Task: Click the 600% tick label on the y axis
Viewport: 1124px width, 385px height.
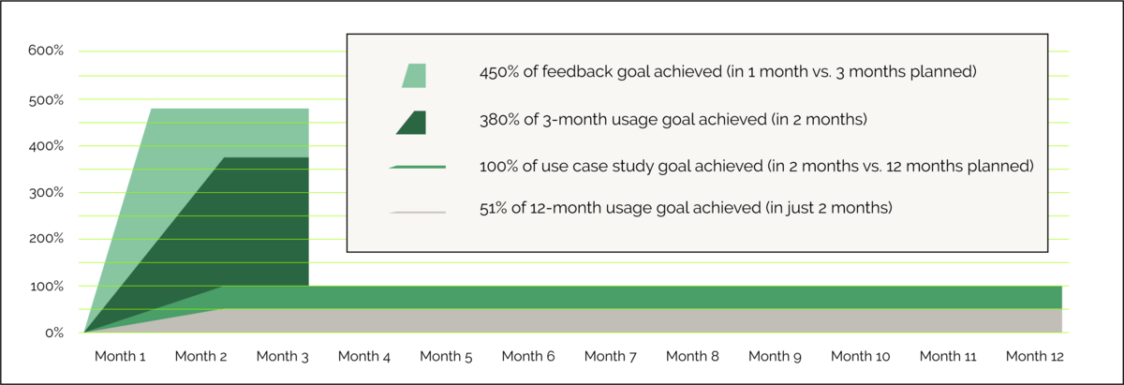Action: pyautogui.click(x=46, y=51)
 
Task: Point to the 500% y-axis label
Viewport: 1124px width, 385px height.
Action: pyautogui.click(x=46, y=100)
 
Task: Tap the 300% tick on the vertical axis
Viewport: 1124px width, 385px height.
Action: pyautogui.click(x=46, y=192)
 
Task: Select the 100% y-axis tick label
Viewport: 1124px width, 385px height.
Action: pyautogui.click(x=46, y=286)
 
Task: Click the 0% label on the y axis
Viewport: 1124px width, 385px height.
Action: pyautogui.click(x=54, y=333)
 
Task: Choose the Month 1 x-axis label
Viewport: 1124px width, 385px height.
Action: pyautogui.click(x=120, y=356)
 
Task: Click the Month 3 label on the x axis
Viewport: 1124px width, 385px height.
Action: pyautogui.click(x=283, y=356)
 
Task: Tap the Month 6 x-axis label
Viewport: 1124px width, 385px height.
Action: pyautogui.click(x=528, y=356)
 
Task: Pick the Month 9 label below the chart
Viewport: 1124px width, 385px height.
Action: pyautogui.click(x=775, y=356)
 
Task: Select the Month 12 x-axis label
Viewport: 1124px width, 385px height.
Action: pyautogui.click(x=1035, y=356)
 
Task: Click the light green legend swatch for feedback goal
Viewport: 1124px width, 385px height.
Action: pyautogui.click(x=414, y=76)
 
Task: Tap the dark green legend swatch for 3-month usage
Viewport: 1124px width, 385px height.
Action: pyautogui.click(x=411, y=123)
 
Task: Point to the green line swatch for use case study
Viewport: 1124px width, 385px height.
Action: pyautogui.click(x=418, y=167)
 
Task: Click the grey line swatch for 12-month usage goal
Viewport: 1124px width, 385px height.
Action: pyautogui.click(x=418, y=213)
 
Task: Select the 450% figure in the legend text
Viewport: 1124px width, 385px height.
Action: pyautogui.click(x=498, y=72)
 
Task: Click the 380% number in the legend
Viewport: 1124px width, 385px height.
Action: pyautogui.click(x=498, y=120)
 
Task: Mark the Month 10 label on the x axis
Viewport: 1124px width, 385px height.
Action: pyautogui.click(x=860, y=356)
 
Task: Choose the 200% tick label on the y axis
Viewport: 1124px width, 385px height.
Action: pyautogui.click(x=46, y=239)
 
